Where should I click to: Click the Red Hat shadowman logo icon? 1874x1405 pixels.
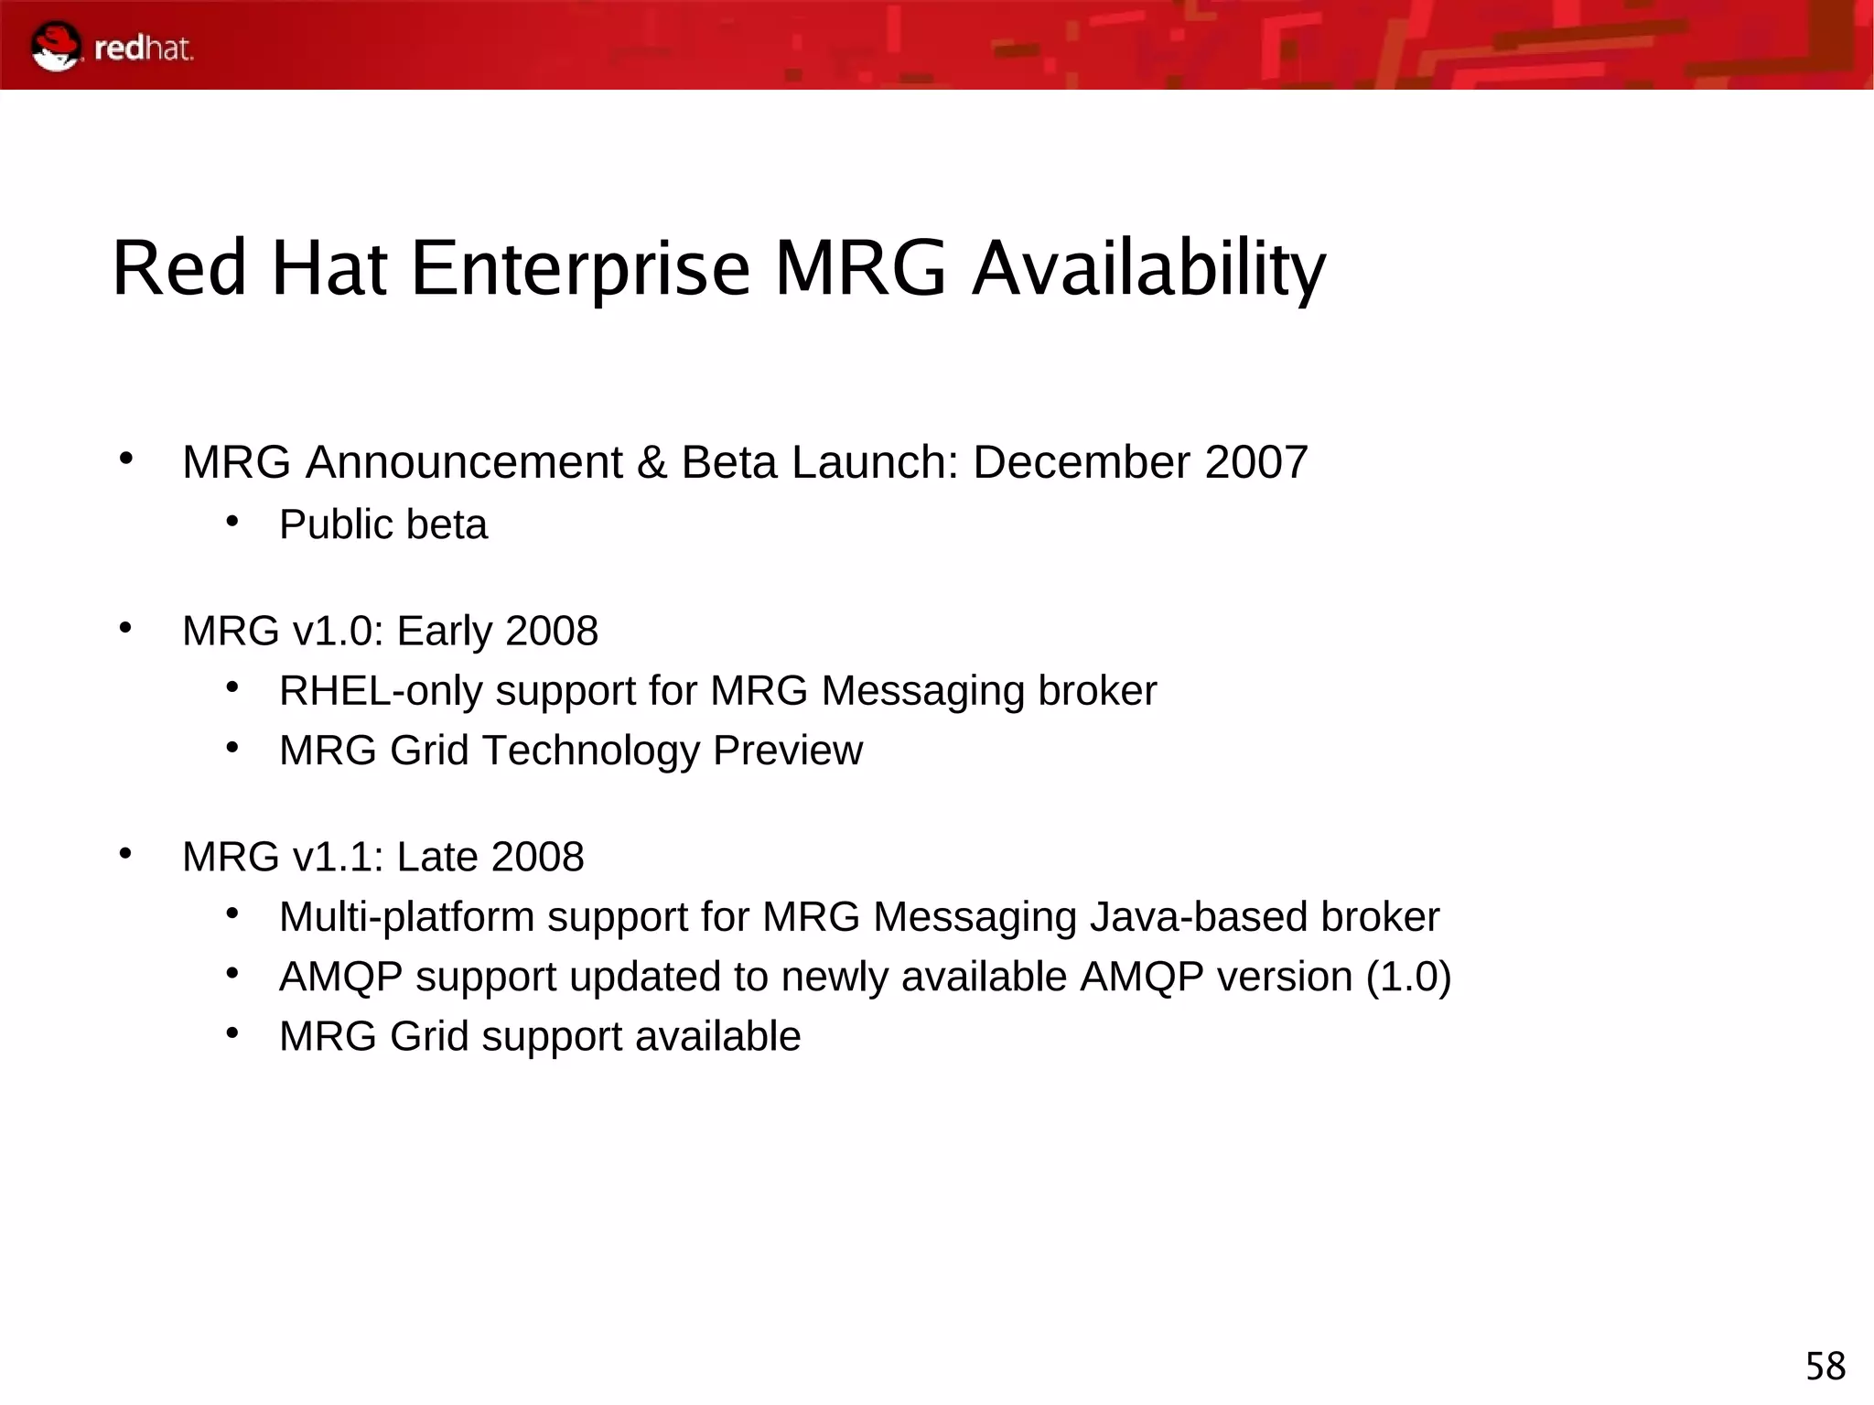55,46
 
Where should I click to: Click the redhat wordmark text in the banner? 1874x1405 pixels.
144,49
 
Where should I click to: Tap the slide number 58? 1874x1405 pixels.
1825,1367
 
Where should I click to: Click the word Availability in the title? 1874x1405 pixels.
1148,269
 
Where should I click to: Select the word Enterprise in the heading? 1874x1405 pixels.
580,269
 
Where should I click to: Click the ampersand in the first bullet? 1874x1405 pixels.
652,462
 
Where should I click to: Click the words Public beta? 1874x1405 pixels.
383,525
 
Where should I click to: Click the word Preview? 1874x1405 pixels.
787,751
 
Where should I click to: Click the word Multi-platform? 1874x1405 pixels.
406,918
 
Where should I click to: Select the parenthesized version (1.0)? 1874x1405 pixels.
1408,977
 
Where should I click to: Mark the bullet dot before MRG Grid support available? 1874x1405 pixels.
233,1033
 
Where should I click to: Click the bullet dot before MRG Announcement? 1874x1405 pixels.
126,458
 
